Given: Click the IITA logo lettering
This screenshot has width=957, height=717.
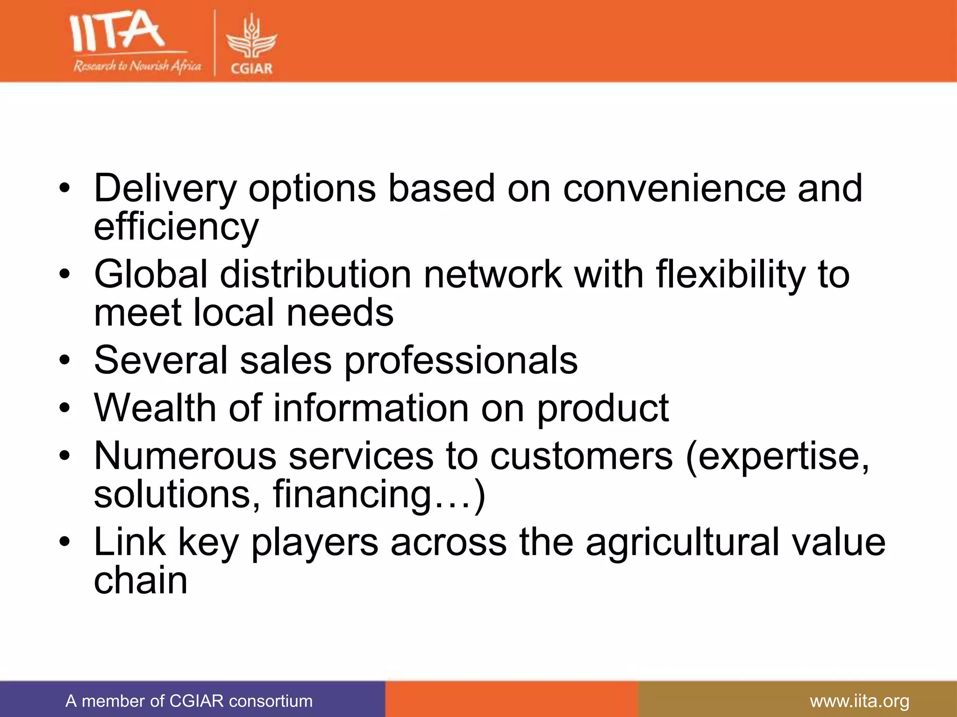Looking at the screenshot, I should coord(117,32).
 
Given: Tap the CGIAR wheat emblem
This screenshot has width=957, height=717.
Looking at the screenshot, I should coord(251,40).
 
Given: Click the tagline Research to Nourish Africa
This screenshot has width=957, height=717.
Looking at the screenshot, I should coord(137,66).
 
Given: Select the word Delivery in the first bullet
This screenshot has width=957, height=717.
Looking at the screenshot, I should coord(165,189).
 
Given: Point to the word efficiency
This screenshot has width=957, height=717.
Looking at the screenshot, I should coord(176,227).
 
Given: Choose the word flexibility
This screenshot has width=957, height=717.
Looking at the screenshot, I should coord(731,275).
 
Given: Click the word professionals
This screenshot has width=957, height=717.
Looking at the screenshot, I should coord(461,361).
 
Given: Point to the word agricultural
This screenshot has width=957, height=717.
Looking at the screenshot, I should coord(682,542).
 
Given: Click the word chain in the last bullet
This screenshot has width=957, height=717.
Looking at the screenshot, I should coord(141,581).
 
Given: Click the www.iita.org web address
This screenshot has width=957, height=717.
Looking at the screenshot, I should coord(859,701).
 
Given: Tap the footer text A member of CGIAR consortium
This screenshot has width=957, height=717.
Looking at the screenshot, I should coord(189,701).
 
